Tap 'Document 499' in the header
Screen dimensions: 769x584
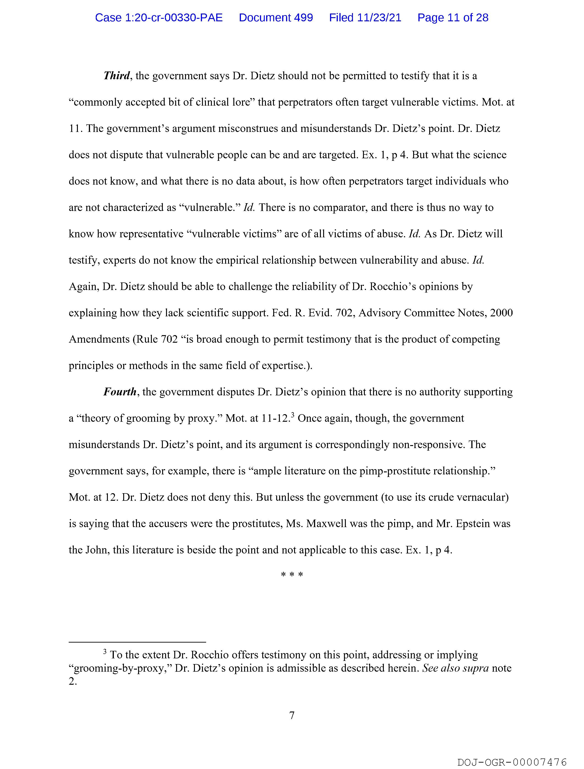point(276,18)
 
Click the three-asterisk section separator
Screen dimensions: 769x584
point(292,575)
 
